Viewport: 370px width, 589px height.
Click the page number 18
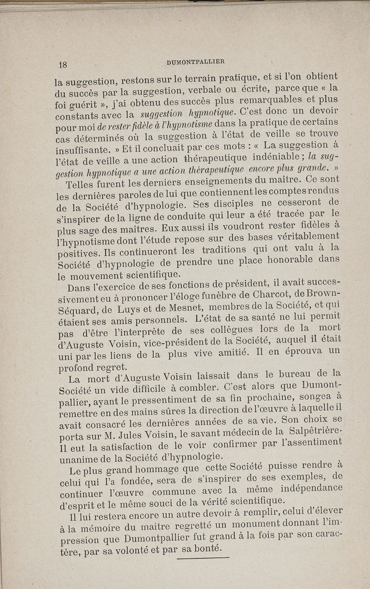point(62,64)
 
